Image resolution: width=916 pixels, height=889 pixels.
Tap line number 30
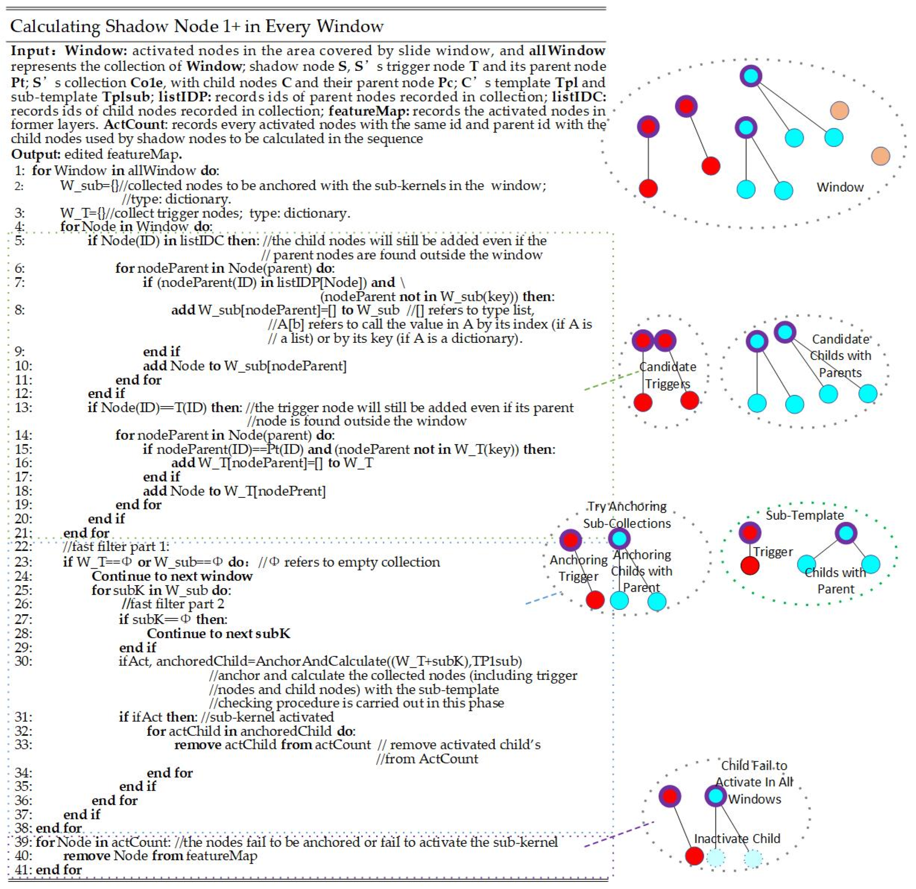coord(23,661)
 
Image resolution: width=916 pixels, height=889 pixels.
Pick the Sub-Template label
coord(805,515)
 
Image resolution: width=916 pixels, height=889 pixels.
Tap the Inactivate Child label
coord(737,839)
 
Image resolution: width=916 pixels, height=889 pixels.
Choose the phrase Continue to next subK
coord(218,633)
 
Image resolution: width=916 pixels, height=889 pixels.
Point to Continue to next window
coord(172,576)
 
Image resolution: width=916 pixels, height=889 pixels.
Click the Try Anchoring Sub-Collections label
coord(627,515)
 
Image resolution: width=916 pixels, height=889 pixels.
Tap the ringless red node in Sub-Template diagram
coord(750,566)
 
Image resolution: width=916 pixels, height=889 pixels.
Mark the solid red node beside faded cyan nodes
coord(694,856)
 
